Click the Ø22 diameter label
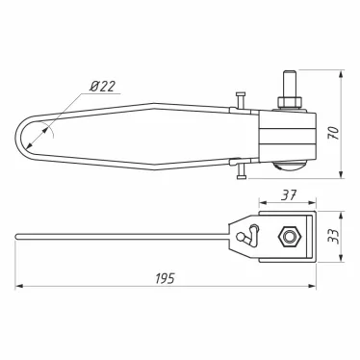pyautogui.click(x=102, y=86)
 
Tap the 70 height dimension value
pyautogui.click(x=334, y=133)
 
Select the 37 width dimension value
pyautogui.click(x=289, y=194)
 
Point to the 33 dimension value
pyautogui.click(x=334, y=237)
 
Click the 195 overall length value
pyautogui.click(x=166, y=278)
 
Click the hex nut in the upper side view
pyautogui.click(x=289, y=102)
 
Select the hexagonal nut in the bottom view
pyautogui.click(x=289, y=237)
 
